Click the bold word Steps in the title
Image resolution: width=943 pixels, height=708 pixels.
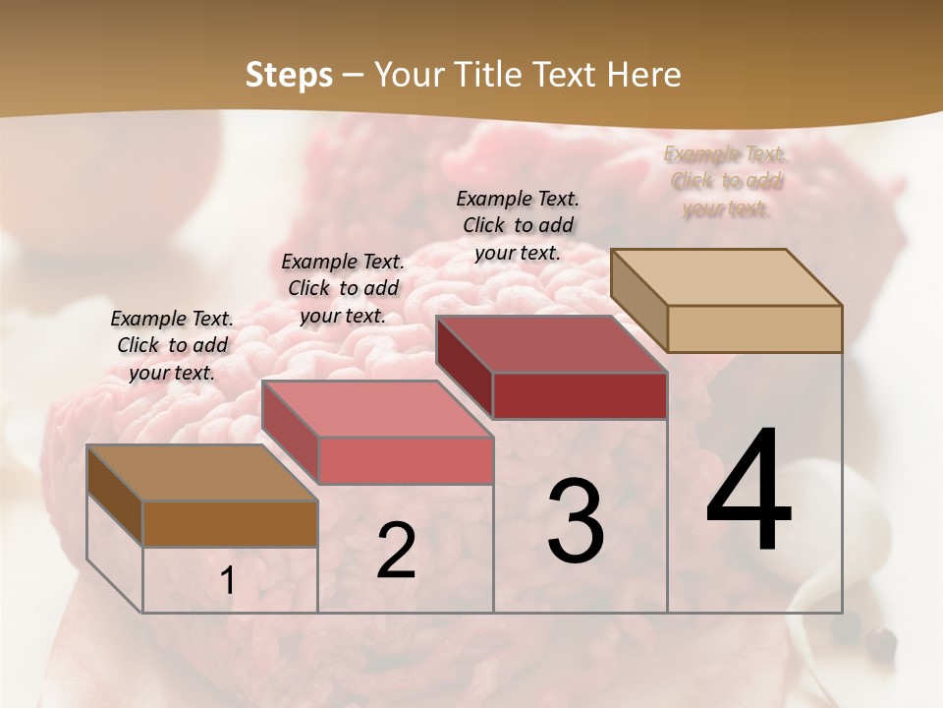pyautogui.click(x=289, y=75)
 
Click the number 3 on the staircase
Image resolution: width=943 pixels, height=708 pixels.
pyautogui.click(x=576, y=520)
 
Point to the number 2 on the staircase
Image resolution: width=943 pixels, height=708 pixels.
pyautogui.click(x=396, y=551)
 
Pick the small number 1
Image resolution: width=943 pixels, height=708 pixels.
pyautogui.click(x=228, y=581)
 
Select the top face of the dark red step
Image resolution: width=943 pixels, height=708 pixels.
pyautogui.click(x=551, y=344)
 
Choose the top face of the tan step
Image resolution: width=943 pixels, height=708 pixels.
pyautogui.click(x=726, y=277)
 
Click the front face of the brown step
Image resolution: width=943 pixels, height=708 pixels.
pyautogui.click(x=230, y=523)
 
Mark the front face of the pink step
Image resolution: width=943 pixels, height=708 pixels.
pyautogui.click(x=405, y=460)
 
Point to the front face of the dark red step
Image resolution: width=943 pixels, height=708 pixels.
pyautogui.click(x=580, y=395)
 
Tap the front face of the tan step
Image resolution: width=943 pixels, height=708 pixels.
pyautogui.click(x=754, y=328)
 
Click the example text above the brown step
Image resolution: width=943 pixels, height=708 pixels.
pyautogui.click(x=172, y=345)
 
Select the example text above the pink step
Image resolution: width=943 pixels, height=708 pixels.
pyautogui.click(x=343, y=288)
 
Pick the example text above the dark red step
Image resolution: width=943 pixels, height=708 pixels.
pyautogui.click(x=518, y=225)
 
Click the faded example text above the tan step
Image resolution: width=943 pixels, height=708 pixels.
pyautogui.click(x=726, y=181)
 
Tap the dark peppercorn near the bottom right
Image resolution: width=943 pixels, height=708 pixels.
pyautogui.click(x=883, y=644)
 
